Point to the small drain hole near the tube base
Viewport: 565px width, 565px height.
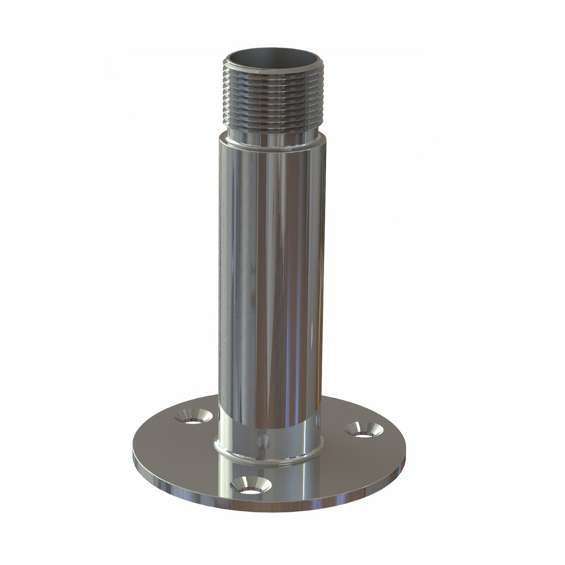click(x=264, y=443)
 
